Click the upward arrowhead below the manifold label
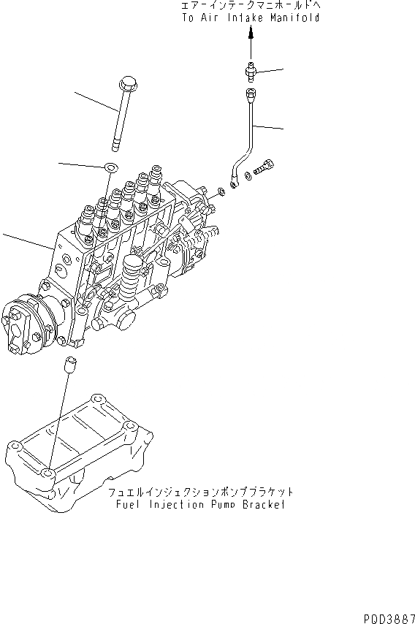[x=251, y=33]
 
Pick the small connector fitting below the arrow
[x=250, y=71]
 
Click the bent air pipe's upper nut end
[x=251, y=93]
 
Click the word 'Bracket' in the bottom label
[x=262, y=505]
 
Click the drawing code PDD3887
[x=387, y=617]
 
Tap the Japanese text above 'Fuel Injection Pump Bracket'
[x=199, y=492]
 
